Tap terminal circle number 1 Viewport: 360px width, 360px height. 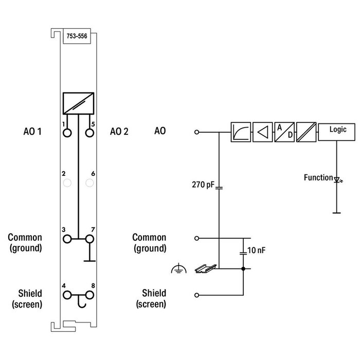[x=66, y=133]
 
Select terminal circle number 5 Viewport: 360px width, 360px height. [x=90, y=133]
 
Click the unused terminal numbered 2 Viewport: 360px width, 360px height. [x=66, y=183]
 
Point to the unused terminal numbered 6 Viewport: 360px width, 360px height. [x=90, y=183]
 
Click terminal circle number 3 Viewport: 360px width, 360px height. [x=66, y=239]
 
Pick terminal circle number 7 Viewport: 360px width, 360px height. [x=90, y=239]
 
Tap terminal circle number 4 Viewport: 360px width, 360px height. [x=66, y=295]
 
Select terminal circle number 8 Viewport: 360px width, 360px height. [x=90, y=295]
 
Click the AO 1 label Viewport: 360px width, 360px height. [x=32, y=132]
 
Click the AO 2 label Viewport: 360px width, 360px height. [x=119, y=132]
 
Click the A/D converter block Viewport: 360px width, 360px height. [x=284, y=132]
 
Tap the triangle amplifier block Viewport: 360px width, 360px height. [x=262, y=132]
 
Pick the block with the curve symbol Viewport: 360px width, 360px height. [x=241, y=132]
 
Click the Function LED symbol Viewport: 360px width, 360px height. [x=337, y=179]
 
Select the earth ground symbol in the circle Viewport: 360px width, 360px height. [x=177, y=268]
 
